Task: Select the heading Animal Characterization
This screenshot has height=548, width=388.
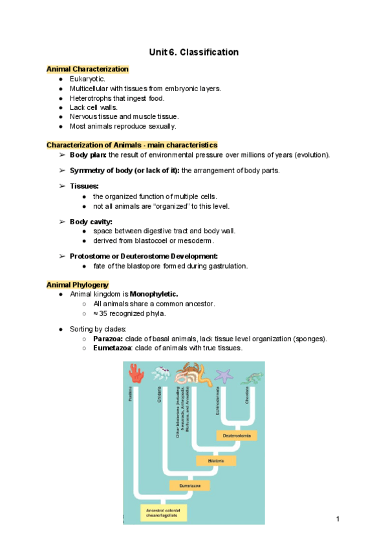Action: (87, 69)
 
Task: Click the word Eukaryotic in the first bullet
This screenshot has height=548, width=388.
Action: (91, 79)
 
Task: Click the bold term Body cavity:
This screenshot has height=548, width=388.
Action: (91, 222)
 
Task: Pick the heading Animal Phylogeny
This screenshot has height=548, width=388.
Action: (78, 284)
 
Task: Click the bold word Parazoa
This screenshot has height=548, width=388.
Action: (108, 339)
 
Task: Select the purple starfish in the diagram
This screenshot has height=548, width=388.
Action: (225, 375)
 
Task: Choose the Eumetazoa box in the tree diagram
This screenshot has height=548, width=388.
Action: (190, 485)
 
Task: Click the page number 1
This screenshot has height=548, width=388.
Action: (338, 520)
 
